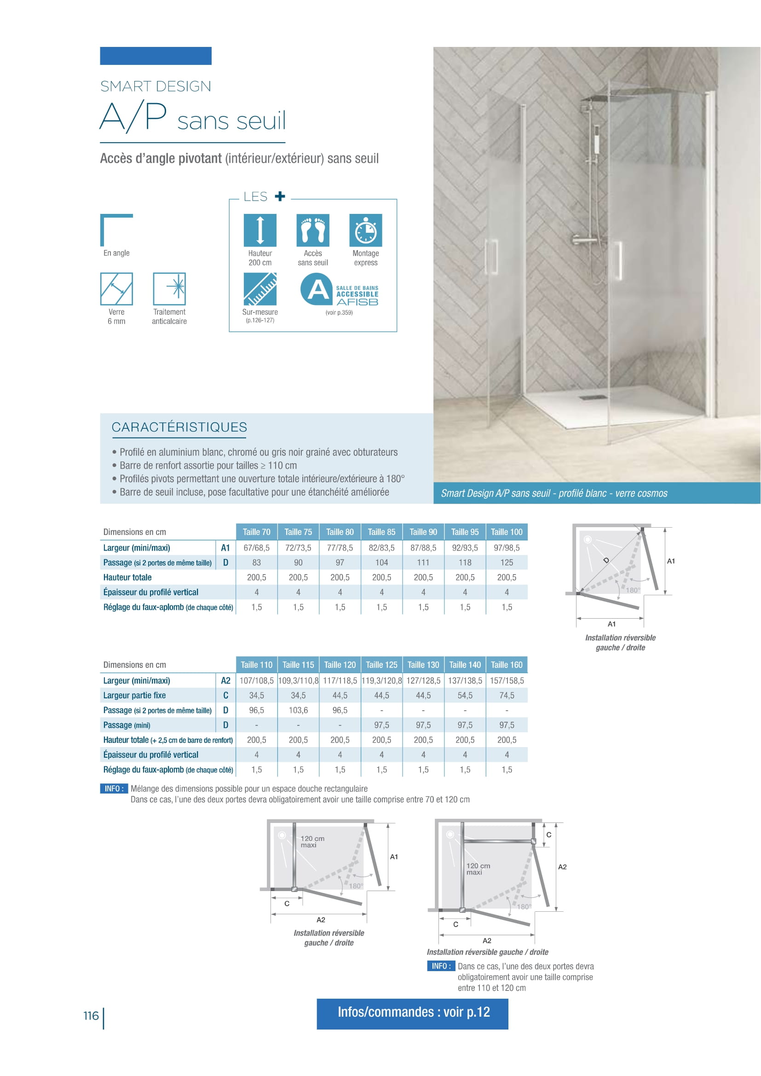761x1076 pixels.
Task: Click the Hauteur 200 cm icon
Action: pos(259,230)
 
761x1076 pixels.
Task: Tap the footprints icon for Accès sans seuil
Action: pos(312,230)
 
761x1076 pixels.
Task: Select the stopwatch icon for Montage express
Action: pos(365,230)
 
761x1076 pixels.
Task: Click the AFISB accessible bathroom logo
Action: pos(339,290)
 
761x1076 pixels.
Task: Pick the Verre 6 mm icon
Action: pos(116,289)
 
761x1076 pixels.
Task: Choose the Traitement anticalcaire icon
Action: pos(169,289)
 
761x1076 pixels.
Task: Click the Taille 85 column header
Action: pos(381,532)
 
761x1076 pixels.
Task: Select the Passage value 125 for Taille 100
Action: pos(507,562)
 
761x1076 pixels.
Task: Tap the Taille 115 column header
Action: pos(298,665)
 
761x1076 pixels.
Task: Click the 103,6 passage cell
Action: pos(298,710)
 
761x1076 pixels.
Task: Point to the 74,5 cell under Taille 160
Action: pos(507,696)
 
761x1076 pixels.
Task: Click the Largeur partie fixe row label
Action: pos(134,696)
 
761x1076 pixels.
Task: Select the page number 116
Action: pos(91,1016)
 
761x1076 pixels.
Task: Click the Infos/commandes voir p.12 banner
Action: pos(412,1012)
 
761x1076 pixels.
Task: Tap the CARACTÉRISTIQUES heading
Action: pos(179,427)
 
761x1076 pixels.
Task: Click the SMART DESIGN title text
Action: pos(156,86)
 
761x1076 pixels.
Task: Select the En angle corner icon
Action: pos(116,230)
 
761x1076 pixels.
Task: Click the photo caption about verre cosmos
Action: pos(554,493)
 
